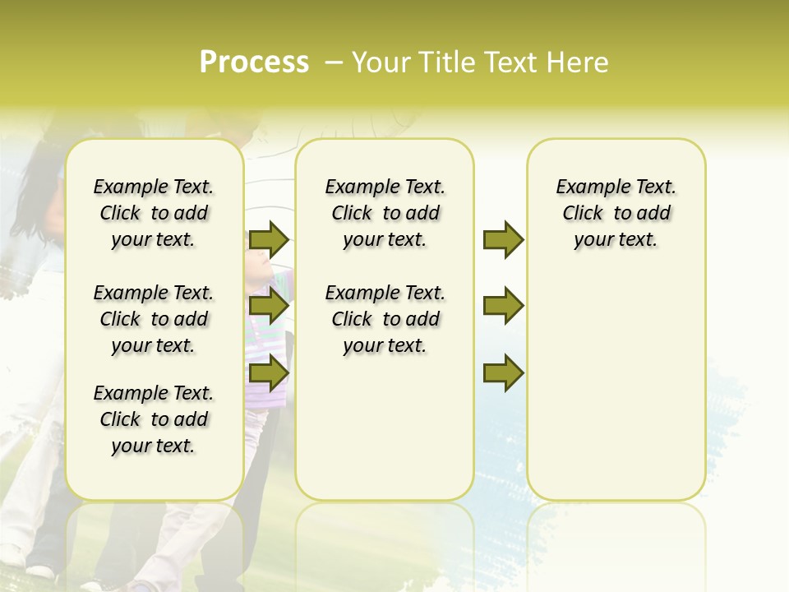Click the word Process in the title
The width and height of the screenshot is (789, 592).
pyautogui.click(x=254, y=62)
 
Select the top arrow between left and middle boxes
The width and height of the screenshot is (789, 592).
pyautogui.click(x=269, y=239)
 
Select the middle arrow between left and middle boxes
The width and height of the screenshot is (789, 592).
pyautogui.click(x=269, y=307)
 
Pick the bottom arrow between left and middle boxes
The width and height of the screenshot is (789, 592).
pyautogui.click(x=269, y=372)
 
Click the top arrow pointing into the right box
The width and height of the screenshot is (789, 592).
pyautogui.click(x=503, y=239)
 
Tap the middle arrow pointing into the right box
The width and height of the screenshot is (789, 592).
pyautogui.click(x=503, y=307)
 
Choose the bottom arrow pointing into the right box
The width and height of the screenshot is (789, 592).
pyautogui.click(x=503, y=372)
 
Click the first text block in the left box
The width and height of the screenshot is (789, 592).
pyautogui.click(x=154, y=213)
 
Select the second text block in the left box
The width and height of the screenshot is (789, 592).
pyautogui.click(x=154, y=319)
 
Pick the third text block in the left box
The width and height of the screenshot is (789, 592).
pyautogui.click(x=154, y=419)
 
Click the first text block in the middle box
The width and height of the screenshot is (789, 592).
pyautogui.click(x=385, y=213)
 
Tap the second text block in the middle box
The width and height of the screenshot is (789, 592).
pyautogui.click(x=385, y=319)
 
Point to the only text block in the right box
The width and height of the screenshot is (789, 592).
pyautogui.click(x=616, y=213)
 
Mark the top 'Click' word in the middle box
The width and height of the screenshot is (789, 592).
pyautogui.click(x=352, y=214)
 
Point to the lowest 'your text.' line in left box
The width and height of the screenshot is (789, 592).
pyautogui.click(x=154, y=446)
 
